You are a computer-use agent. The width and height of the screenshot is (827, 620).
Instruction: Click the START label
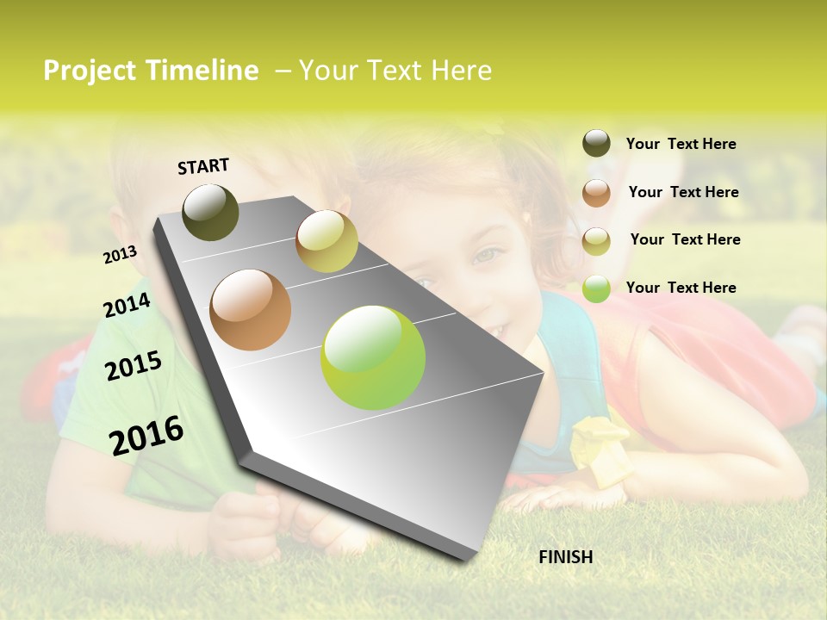pos(203,166)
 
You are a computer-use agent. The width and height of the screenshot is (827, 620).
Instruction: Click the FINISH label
pos(565,557)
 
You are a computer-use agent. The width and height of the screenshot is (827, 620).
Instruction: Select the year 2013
pos(120,255)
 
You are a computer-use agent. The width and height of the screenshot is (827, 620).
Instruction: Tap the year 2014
pos(127,306)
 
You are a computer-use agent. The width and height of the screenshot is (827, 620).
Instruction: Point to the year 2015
pos(134,366)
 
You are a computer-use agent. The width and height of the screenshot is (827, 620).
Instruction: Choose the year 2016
pos(146,436)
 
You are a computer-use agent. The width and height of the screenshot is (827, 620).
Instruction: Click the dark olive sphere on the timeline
pos(210,212)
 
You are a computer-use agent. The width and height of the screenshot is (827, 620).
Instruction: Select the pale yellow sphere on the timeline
pos(326,241)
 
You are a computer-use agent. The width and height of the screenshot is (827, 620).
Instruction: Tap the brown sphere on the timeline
pos(251,310)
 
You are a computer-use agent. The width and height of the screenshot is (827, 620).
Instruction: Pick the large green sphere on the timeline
pos(373,357)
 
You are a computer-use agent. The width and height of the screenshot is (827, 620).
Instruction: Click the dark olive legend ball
pos(596,144)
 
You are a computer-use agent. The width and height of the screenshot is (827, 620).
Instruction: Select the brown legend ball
pos(596,193)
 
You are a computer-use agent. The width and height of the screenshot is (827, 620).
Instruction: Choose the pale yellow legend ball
pos(596,241)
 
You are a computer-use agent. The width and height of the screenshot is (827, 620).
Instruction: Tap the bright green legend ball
pos(596,288)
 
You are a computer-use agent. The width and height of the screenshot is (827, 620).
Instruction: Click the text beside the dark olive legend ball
pos(681,144)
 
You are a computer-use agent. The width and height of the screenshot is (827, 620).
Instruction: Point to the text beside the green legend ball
pos(681,288)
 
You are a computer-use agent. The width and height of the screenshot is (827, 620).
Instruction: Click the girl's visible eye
pos(487,255)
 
